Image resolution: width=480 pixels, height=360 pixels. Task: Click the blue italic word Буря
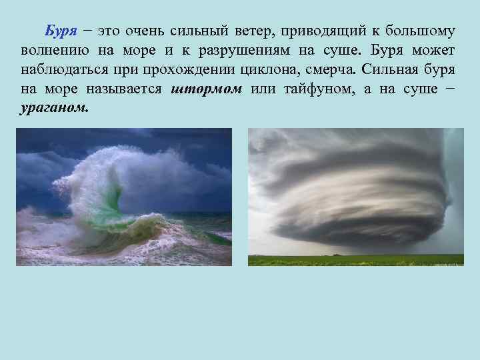point(61,31)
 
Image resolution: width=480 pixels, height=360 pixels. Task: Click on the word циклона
point(288,70)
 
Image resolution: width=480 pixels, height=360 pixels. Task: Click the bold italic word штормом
point(206,89)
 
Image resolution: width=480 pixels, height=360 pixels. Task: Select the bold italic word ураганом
point(53,108)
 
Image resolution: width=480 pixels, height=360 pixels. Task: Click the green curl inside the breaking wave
point(115,200)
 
